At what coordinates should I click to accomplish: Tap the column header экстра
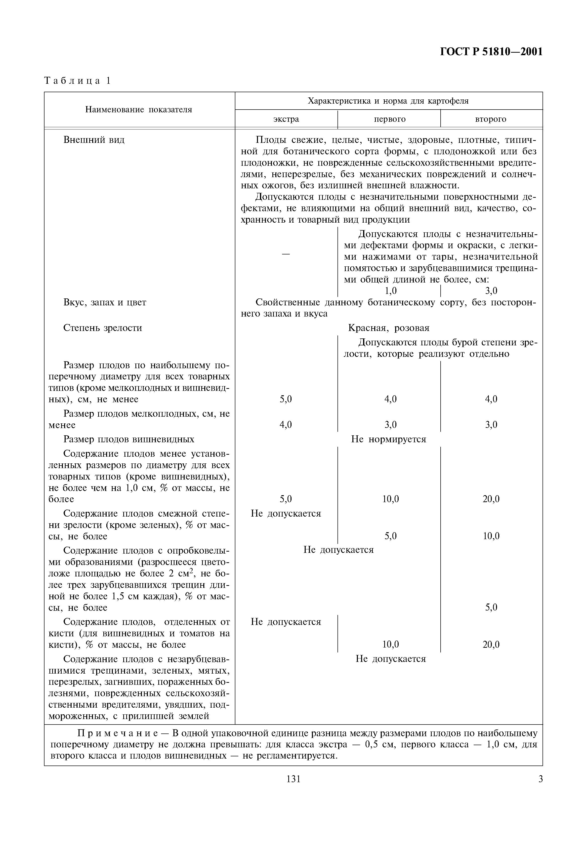(x=286, y=119)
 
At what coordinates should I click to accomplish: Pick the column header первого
(x=389, y=119)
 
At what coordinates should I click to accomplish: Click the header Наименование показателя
(x=139, y=110)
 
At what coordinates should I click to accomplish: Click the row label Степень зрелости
(x=103, y=328)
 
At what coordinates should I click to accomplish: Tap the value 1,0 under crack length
(x=391, y=291)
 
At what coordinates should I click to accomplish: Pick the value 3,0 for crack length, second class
(x=491, y=291)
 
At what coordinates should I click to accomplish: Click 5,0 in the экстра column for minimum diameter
(x=286, y=399)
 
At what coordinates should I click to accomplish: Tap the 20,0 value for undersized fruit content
(x=491, y=499)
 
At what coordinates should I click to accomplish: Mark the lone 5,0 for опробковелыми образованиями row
(x=491, y=607)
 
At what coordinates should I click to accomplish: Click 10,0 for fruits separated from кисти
(x=391, y=644)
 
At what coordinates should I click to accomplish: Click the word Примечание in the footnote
(x=118, y=733)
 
